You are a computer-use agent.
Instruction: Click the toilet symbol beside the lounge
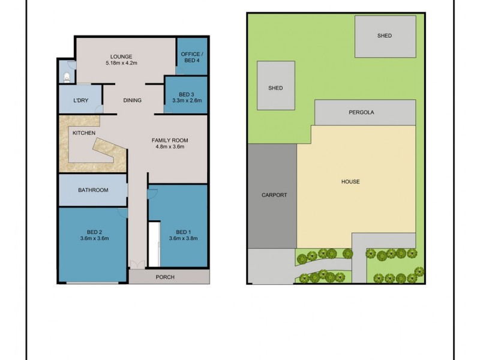coord(67,77)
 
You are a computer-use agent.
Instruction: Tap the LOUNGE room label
coord(122,57)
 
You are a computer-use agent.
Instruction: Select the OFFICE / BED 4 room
coord(191,58)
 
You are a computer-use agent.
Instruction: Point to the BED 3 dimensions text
coord(187,100)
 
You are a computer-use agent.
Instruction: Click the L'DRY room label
coord(80,100)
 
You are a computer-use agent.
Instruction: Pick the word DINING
coord(132,100)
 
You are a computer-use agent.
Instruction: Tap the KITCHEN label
coord(84,133)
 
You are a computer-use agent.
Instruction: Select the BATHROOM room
coord(93,190)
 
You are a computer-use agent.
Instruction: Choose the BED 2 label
coord(94,232)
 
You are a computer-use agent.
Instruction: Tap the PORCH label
coord(165,277)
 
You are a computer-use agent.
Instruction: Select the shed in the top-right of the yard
coord(385,36)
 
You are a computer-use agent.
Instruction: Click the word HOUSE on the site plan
coord(350,181)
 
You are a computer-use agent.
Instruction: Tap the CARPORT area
coord(274,195)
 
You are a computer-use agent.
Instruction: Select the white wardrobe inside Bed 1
coord(155,244)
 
